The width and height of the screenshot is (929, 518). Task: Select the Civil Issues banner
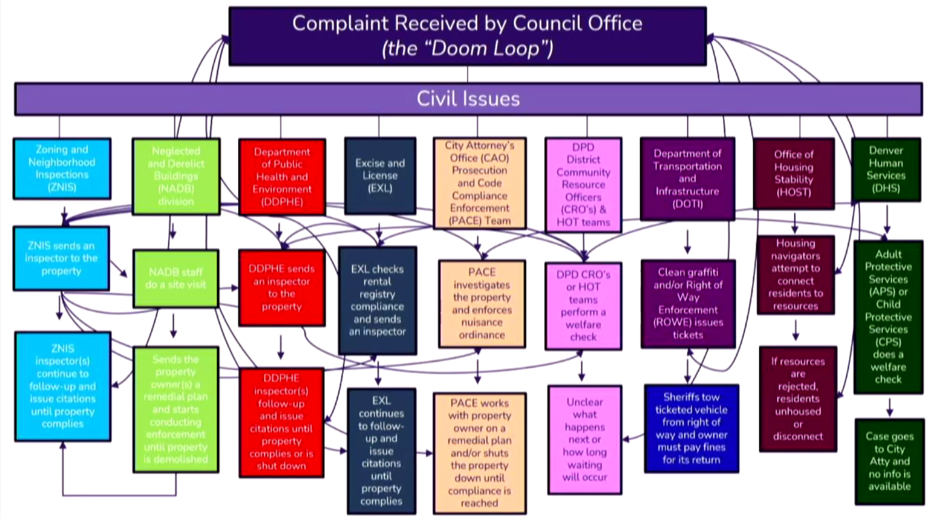click(468, 99)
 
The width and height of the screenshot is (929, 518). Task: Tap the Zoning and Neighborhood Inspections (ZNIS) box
click(62, 168)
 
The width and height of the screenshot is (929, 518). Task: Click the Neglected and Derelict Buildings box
click(176, 176)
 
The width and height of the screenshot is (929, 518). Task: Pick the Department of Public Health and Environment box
click(282, 177)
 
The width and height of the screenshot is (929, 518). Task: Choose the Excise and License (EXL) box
click(380, 176)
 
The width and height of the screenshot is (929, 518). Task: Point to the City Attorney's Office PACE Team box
click(479, 183)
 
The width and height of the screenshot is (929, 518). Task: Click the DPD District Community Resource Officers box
click(583, 185)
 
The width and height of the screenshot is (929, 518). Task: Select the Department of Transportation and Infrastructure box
click(687, 178)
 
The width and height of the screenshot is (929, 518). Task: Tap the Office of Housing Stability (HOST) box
click(793, 173)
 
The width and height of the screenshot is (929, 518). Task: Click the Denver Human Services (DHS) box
click(886, 169)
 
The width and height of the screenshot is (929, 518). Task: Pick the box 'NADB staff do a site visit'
click(175, 279)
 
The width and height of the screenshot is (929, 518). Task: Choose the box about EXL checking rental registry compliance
click(377, 300)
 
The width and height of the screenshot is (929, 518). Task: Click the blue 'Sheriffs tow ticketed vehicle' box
click(691, 428)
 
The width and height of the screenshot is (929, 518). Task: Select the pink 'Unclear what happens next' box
click(584, 439)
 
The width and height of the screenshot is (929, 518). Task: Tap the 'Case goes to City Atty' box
click(889, 461)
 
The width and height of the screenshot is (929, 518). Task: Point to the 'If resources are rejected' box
click(797, 399)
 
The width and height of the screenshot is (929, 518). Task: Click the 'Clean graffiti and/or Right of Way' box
click(688, 303)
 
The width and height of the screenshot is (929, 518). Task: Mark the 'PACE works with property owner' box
click(479, 453)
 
